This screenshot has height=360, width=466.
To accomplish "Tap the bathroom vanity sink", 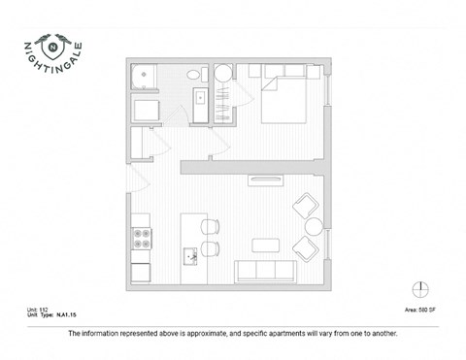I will click(198, 97).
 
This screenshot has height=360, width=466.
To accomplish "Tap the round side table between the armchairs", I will click(314, 227).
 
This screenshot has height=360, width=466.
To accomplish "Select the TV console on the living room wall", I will click(264, 179).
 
